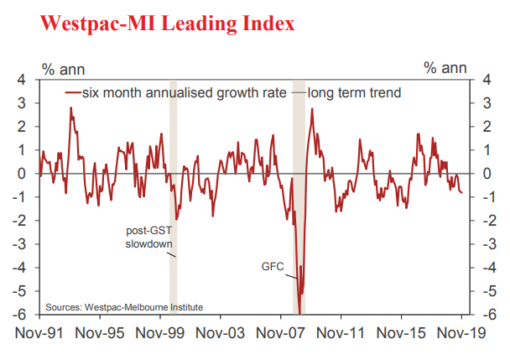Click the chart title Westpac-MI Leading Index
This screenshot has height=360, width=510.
click(x=156, y=23)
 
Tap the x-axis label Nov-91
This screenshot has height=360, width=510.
click(x=40, y=333)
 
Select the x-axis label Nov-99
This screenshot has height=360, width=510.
click(x=160, y=333)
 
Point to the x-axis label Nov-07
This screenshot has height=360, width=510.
click(x=281, y=333)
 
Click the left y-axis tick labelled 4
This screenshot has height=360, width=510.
click(x=23, y=80)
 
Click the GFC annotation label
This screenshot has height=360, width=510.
click(x=273, y=269)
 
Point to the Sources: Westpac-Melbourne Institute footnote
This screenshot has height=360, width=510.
click(x=124, y=306)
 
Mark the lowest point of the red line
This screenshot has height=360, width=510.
click(x=299, y=313)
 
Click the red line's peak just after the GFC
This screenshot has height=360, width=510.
click(x=311, y=109)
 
